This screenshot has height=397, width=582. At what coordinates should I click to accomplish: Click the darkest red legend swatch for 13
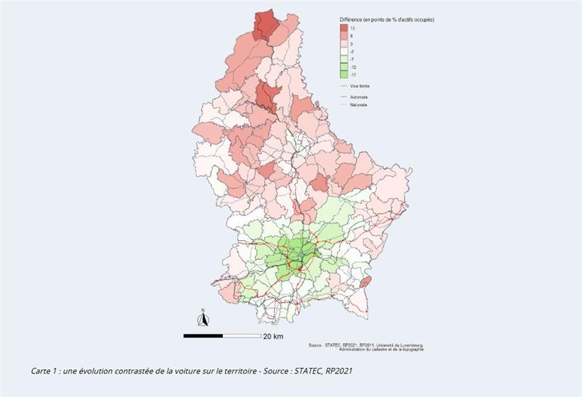[x=344, y=28]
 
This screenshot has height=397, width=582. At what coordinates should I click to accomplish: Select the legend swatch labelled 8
[x=344, y=36]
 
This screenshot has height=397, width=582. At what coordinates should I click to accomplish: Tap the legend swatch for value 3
[x=344, y=43]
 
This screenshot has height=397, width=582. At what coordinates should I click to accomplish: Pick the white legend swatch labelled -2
[x=344, y=51]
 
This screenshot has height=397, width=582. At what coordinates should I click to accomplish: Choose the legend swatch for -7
[x=344, y=59]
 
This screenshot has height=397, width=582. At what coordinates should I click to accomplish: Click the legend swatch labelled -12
[x=344, y=66]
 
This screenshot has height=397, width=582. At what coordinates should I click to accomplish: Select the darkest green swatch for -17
[x=344, y=74]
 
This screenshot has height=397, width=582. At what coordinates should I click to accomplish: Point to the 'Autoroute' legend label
[x=359, y=97]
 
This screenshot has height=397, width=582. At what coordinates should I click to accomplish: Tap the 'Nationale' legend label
[x=359, y=105]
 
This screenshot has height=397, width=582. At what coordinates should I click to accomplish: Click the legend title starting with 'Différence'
[x=387, y=19]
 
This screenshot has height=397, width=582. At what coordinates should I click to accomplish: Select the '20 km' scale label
[x=273, y=336]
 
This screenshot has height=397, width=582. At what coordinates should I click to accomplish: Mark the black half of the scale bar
[x=203, y=335]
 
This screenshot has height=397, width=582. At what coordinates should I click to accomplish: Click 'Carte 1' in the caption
[x=43, y=371]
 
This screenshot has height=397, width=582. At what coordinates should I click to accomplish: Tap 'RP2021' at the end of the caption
[x=339, y=371]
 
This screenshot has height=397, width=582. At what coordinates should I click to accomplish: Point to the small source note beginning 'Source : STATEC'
[x=366, y=346]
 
